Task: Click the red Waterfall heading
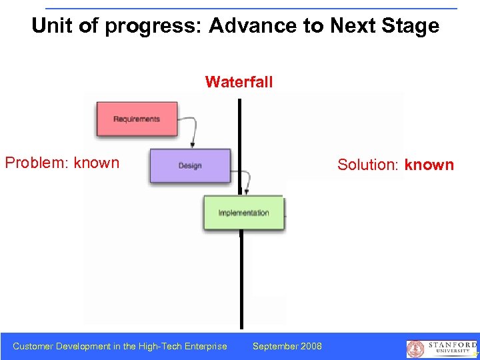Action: (239, 82)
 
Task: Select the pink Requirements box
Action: (137, 119)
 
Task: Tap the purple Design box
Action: (190, 165)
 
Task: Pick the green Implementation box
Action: (243, 213)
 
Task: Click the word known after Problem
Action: (97, 163)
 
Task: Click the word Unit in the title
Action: (51, 26)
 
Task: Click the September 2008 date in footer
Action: (287, 346)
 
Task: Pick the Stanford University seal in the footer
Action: (415, 349)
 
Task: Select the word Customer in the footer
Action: (33, 346)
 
